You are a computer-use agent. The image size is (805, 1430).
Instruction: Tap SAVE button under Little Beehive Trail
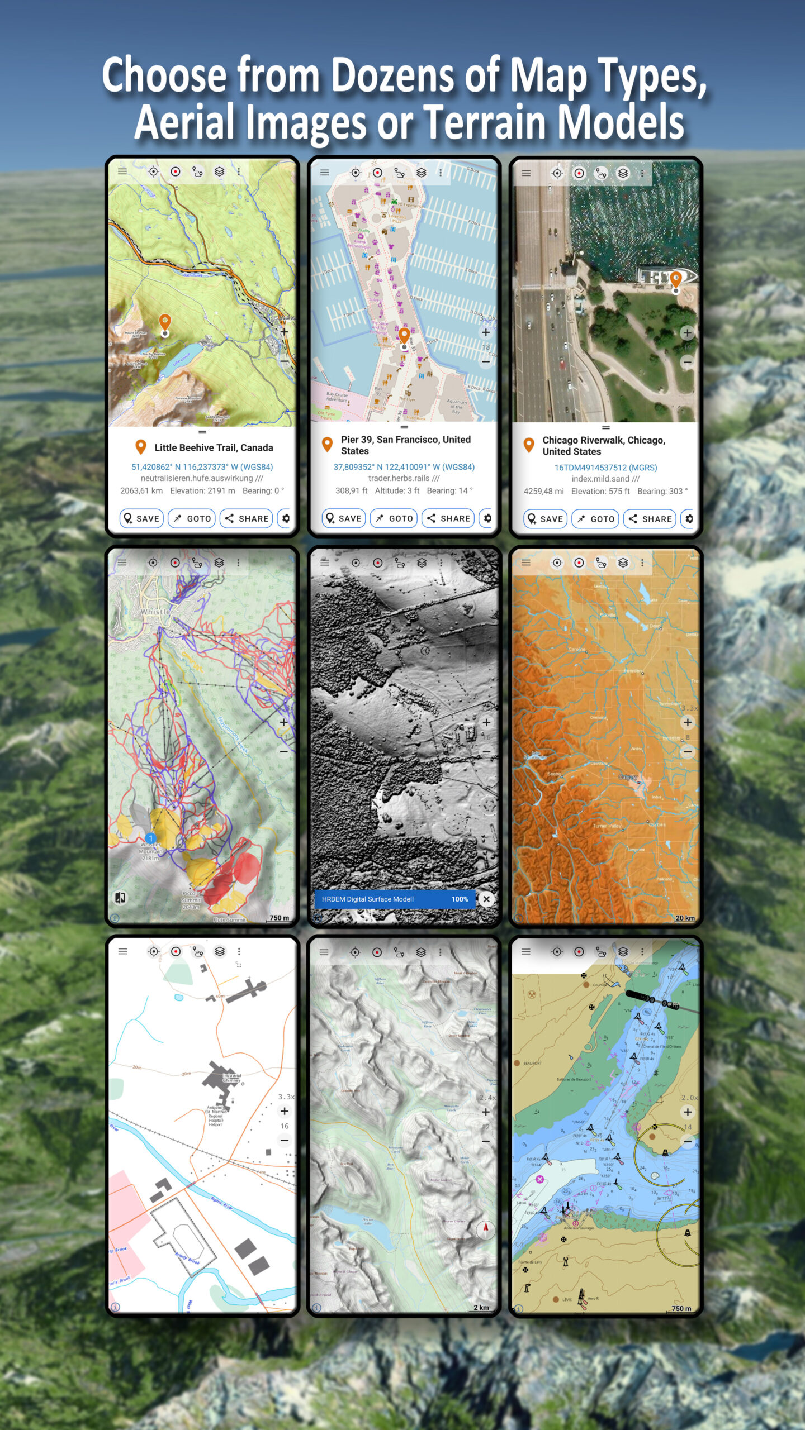tap(141, 518)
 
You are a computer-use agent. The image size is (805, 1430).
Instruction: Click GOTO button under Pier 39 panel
tap(395, 518)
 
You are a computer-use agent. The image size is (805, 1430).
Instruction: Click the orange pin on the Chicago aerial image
tap(675, 278)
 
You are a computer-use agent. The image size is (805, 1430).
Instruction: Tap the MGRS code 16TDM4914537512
tap(605, 468)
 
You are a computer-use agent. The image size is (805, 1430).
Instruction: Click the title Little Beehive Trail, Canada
tap(214, 447)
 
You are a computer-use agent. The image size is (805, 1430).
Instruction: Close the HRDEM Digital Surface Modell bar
tap(486, 899)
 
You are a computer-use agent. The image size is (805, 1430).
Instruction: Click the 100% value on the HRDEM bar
tap(460, 899)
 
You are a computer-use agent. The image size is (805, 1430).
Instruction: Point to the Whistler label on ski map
tap(157, 612)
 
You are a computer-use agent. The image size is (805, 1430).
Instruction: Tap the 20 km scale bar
tap(685, 918)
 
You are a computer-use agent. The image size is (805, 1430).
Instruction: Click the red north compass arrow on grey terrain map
tap(486, 1228)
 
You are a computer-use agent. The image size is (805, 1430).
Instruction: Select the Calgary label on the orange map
tap(628, 777)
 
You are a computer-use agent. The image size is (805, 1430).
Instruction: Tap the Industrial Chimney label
tap(231, 1078)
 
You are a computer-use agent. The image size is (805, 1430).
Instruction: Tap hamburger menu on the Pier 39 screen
tap(324, 173)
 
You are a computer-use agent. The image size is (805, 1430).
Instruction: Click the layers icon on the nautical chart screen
tap(623, 951)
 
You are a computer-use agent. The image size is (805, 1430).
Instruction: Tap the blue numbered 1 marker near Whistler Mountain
tap(150, 838)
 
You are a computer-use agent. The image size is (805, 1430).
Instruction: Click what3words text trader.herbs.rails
tap(399, 478)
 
